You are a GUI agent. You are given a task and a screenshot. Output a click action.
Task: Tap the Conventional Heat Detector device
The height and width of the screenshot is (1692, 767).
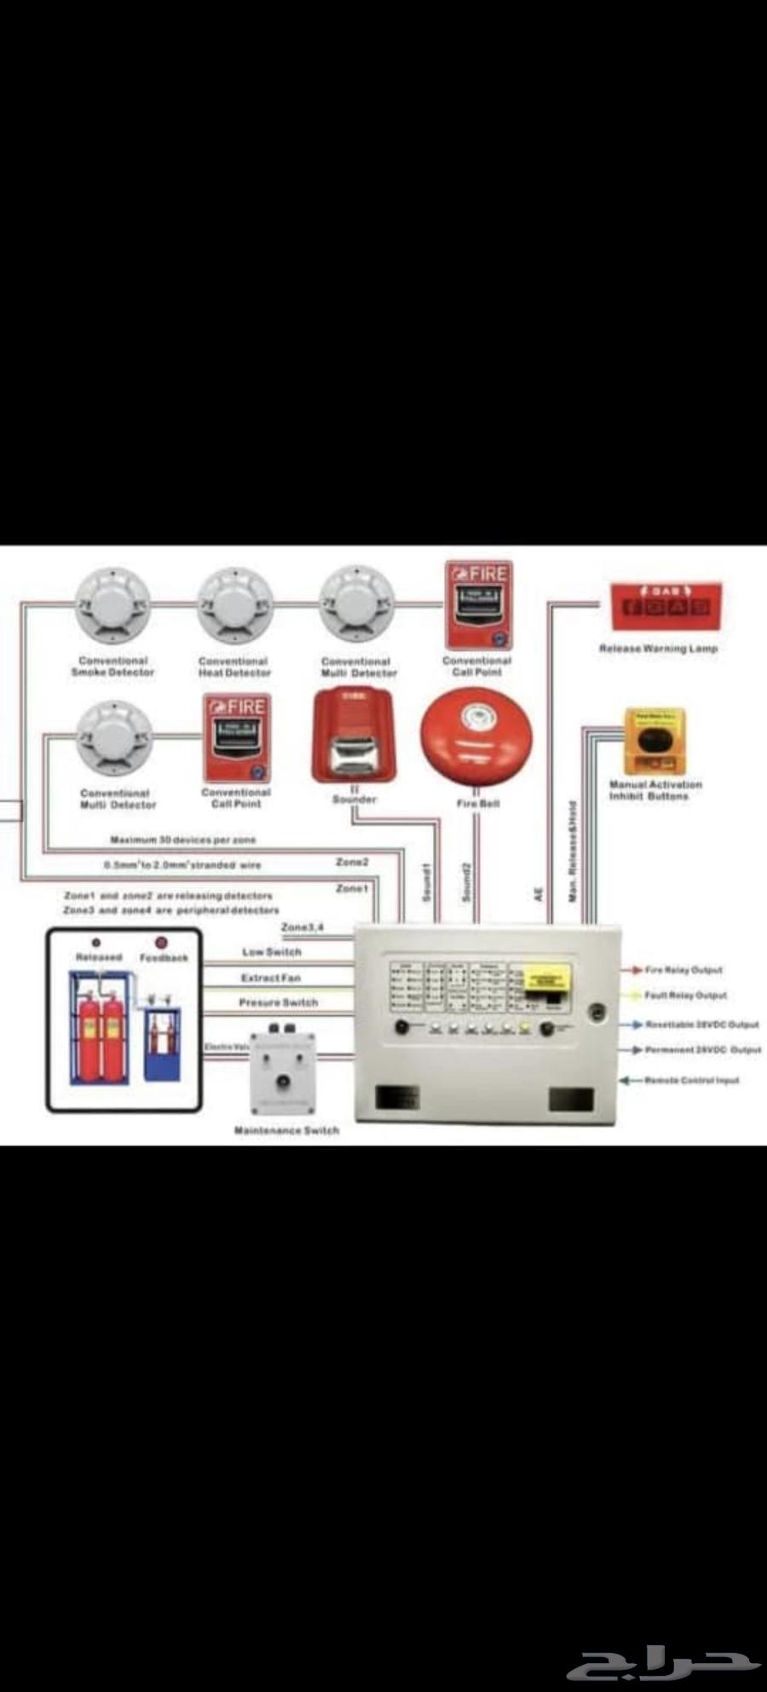pos(234,604)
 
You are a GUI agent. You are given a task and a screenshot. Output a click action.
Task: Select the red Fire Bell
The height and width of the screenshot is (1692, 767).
pos(476,739)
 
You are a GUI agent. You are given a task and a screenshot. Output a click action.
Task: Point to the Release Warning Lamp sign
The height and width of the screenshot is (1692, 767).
pos(666,607)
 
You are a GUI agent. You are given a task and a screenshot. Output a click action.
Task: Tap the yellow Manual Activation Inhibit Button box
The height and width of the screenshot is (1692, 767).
pos(654,740)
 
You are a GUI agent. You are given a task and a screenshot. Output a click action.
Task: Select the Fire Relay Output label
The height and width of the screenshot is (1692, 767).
pos(683,970)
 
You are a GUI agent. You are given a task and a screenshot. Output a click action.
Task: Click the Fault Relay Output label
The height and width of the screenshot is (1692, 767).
pos(685,996)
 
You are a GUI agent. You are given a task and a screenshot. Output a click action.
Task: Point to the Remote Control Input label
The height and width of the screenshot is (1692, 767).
pos(691,1081)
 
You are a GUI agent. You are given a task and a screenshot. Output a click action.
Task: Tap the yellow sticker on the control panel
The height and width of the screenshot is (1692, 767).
pos(545,976)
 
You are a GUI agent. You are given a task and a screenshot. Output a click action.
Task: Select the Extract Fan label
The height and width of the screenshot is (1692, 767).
pos(270,978)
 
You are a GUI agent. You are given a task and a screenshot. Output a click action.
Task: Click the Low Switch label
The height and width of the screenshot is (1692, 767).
pos(271,952)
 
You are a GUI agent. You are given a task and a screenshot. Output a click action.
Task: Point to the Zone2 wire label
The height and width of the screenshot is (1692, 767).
pos(352,863)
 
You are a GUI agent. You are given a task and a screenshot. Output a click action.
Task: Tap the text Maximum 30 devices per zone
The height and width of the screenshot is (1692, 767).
pos(182,840)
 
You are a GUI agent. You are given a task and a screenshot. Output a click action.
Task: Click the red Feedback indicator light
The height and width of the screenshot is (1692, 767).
pos(161,944)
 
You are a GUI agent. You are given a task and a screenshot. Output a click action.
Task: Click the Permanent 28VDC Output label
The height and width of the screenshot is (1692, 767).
pos(702,1050)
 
